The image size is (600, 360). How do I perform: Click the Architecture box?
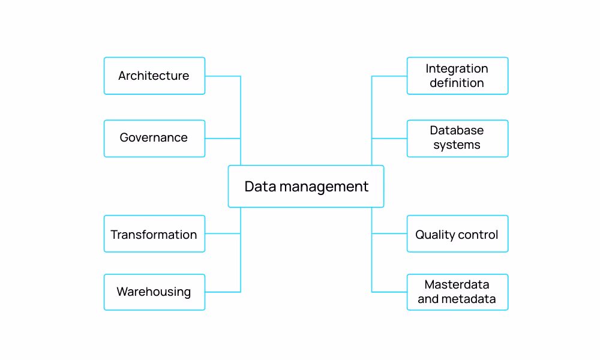click(154, 76)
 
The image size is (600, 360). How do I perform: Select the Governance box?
click(154, 138)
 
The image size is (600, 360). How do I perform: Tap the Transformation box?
click(154, 234)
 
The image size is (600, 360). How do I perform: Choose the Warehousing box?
click(154, 292)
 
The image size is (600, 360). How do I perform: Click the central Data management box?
click(306, 187)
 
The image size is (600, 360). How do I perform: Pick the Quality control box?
click(457, 234)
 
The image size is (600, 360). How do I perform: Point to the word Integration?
click(457, 68)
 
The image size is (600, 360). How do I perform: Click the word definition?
click(457, 83)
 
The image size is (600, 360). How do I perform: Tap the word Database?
click(457, 130)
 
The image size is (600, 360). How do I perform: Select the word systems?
click(457, 145)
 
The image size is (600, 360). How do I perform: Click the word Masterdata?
click(457, 284)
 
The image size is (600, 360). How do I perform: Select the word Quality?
click(434, 235)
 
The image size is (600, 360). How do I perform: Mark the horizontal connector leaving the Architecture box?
click(223, 76)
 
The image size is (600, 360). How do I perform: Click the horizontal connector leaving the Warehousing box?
click(223, 292)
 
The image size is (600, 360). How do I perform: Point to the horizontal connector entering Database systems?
click(389, 139)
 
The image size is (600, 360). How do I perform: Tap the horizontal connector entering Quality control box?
click(389, 234)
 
